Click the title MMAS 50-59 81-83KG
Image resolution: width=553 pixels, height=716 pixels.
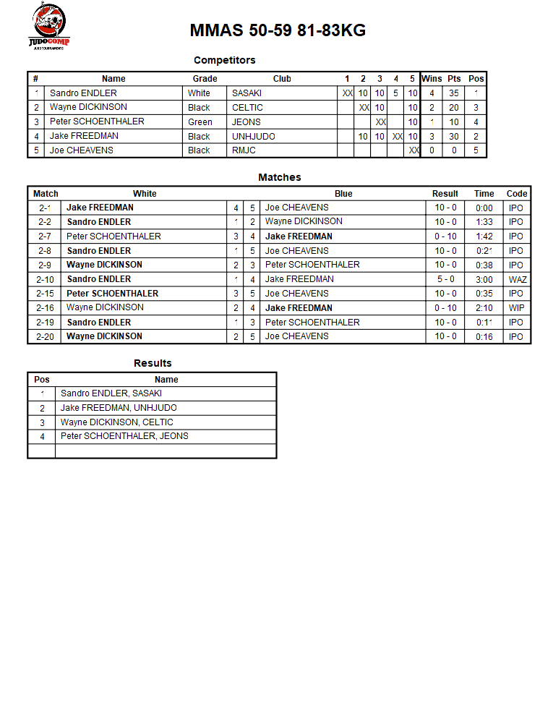coord(278,30)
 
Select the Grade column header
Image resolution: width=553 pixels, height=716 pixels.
coord(205,79)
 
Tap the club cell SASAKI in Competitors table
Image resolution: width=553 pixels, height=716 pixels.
coord(247,93)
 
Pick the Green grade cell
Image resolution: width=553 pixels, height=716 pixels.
coord(200,122)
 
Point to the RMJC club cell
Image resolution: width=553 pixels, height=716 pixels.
coord(244,150)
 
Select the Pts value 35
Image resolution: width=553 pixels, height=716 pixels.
coord(454,93)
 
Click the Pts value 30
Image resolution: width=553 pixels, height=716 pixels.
coord(454,136)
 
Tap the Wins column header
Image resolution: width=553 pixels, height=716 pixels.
coord(432,79)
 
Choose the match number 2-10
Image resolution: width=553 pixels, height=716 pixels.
coord(45,279)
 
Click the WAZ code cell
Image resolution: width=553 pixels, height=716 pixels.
coord(517,279)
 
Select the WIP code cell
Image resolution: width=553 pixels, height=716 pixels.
coord(516,308)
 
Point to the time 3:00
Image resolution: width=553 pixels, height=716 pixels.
coord(484,279)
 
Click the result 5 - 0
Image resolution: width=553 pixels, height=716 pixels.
coord(445,279)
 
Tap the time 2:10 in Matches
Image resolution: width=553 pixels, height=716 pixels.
coord(484,308)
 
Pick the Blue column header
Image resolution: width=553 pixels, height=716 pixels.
coord(343,194)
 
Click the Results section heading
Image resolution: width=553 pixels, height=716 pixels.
coord(153,363)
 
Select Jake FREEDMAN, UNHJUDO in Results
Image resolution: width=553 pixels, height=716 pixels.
coord(119,408)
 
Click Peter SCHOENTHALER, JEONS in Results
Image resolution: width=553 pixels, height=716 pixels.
coord(124,436)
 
